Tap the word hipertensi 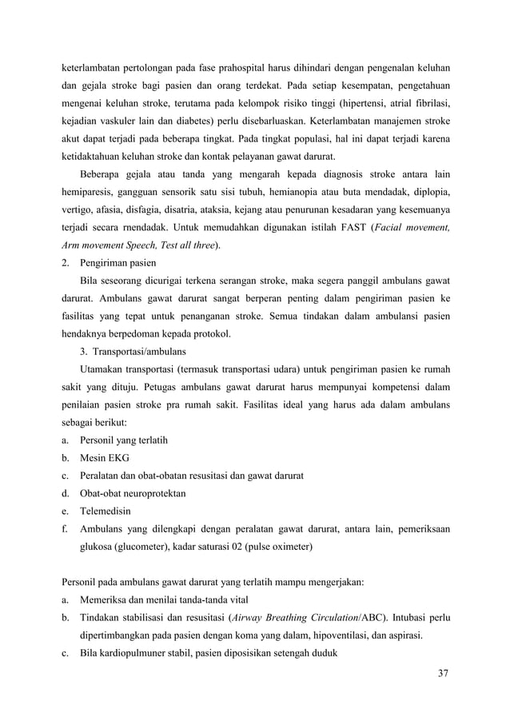(x=350, y=102)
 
